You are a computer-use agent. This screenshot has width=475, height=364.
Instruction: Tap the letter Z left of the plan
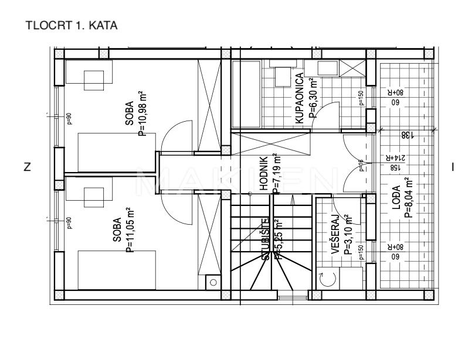[27, 167]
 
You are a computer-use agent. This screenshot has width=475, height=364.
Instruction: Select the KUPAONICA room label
[298, 98]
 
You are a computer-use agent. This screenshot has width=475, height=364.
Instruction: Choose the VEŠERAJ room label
[335, 235]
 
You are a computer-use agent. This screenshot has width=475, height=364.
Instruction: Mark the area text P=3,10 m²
[348, 235]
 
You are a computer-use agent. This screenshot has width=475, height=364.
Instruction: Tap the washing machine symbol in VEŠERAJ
[325, 279]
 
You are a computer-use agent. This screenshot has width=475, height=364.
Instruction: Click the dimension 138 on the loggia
[404, 135]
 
